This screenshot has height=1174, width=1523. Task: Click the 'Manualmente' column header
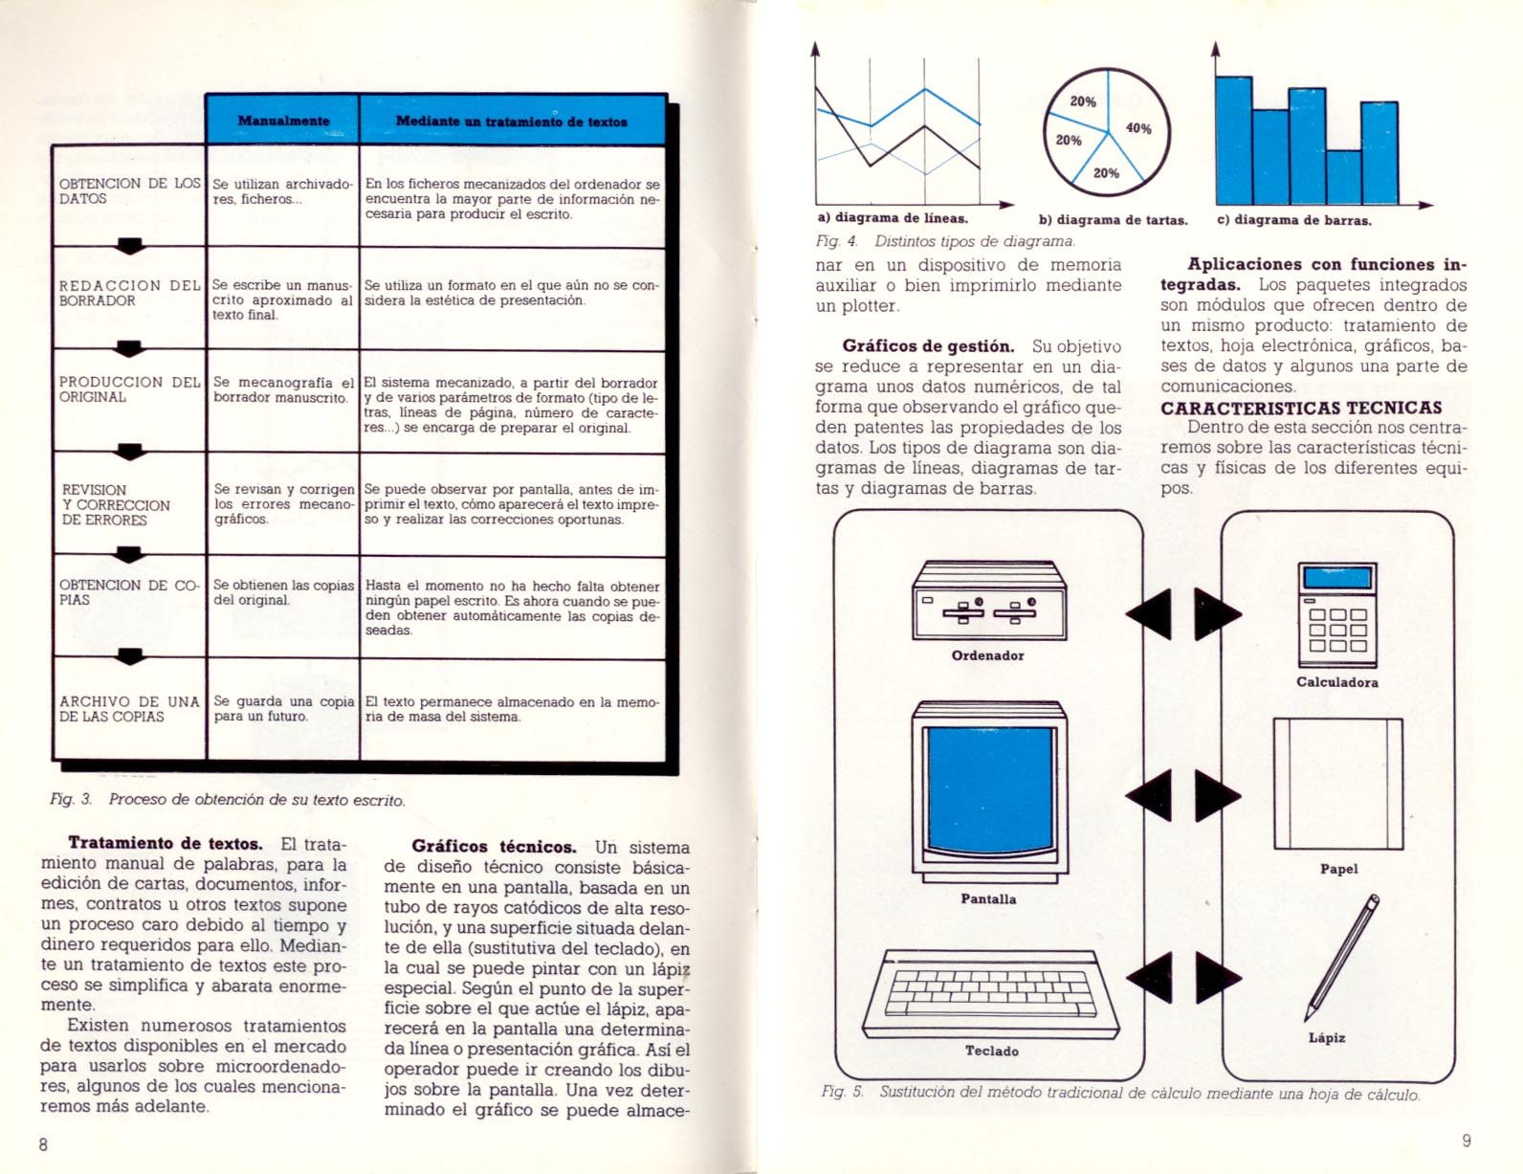pos(283,121)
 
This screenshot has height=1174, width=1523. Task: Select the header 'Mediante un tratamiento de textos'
pos(511,122)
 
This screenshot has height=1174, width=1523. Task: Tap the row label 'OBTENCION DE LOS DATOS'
pos(130,190)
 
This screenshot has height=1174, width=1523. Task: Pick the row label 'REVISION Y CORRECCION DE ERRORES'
pos(116,504)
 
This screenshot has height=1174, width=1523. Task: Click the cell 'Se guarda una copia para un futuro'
pos(284,709)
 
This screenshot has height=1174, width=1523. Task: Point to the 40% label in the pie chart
pos(1138,128)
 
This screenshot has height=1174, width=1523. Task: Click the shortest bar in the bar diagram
pos(1343,177)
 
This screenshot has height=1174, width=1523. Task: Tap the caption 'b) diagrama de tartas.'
pos(1113,220)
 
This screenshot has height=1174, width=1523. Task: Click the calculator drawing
pos(1337,614)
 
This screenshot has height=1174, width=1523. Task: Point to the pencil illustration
pos(1341,958)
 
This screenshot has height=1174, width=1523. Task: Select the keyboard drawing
pos(990,994)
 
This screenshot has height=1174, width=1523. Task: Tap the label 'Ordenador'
pos(987,656)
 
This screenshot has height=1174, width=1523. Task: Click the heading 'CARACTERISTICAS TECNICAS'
pos(1301,408)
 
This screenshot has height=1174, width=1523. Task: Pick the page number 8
pos(43,1144)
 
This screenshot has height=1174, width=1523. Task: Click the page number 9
pos(1467,1141)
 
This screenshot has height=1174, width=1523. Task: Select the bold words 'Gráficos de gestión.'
pos(929,346)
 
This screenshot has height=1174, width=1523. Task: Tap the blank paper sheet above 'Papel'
pos(1338,784)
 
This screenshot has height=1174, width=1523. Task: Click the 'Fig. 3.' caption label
pos(71,800)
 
